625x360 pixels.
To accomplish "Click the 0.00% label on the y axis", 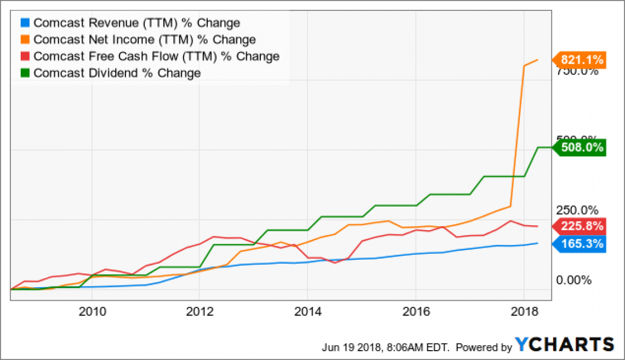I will (x=574, y=281).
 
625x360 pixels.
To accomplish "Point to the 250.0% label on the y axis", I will (x=574, y=210).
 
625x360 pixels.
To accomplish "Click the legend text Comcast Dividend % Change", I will (x=117, y=73).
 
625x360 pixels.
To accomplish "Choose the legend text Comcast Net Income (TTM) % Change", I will (x=145, y=39).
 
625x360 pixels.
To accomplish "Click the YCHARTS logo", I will (x=565, y=344).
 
